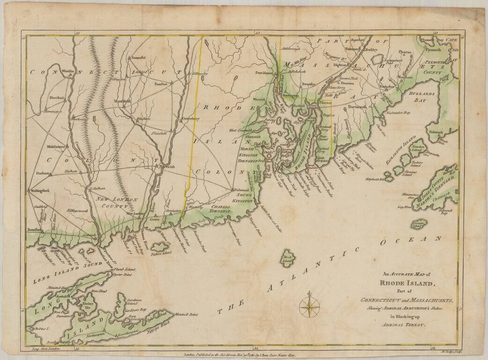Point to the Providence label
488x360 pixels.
point(264,73)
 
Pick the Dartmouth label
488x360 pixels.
point(358,107)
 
